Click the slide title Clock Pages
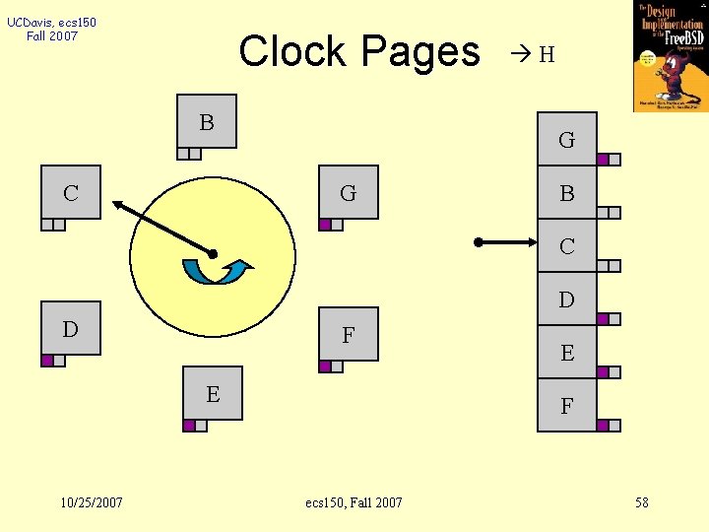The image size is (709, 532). tap(358, 51)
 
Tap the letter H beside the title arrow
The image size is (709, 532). tap(547, 55)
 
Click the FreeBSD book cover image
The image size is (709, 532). tap(670, 55)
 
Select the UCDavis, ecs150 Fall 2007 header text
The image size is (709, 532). tap(51, 29)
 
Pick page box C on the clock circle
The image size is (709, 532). tap(71, 192)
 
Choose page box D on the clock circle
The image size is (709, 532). tap(71, 328)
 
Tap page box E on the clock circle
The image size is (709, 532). tap(213, 394)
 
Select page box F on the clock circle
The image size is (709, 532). tap(349, 335)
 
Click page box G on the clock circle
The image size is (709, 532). tap(349, 193)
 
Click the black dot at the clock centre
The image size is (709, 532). tap(213, 254)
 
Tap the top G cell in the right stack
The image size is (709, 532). tap(567, 140)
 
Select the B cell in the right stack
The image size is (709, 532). tap(567, 193)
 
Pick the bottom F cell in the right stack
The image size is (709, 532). tap(567, 405)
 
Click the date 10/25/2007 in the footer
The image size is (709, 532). tap(92, 502)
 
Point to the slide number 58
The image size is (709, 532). tap(642, 502)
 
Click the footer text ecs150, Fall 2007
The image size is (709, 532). tap(354, 502)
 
